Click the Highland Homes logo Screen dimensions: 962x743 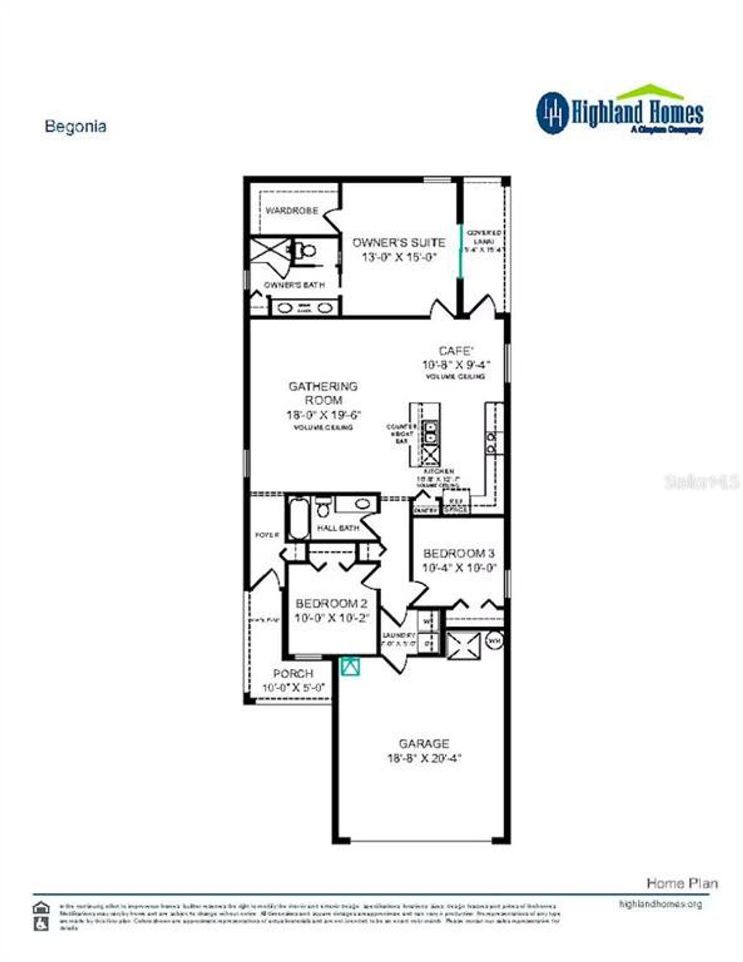(619, 112)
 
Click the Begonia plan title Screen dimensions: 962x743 (75, 126)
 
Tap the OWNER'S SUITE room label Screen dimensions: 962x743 (399, 243)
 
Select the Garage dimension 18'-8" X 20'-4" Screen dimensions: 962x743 (424, 758)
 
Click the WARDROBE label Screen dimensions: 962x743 (291, 211)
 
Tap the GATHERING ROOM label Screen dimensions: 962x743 (323, 393)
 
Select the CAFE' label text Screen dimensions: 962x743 (456, 350)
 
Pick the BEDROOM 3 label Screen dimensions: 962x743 (459, 553)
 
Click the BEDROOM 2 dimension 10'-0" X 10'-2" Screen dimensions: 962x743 (331, 619)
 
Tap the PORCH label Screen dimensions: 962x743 (293, 674)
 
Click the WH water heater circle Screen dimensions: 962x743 (494, 641)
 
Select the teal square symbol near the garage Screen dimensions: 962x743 (350, 666)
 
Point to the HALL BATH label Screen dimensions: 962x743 (338, 528)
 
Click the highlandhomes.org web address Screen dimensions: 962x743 (661, 904)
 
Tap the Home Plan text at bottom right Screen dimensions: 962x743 (682, 883)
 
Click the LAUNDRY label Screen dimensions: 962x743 (399, 635)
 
